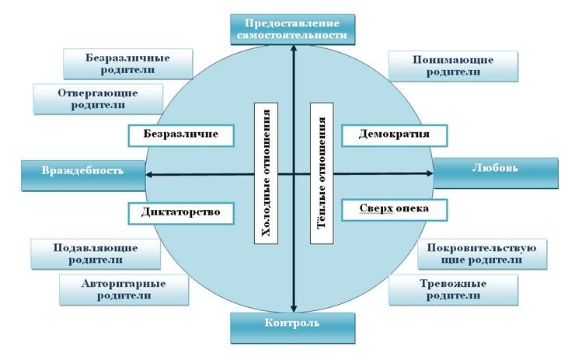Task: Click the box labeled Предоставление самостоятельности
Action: click(x=293, y=29)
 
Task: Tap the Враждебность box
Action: click(x=82, y=173)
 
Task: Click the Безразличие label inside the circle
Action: click(x=181, y=135)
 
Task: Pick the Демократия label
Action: click(x=396, y=135)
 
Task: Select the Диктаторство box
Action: click(x=181, y=212)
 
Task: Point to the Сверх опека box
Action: click(x=396, y=210)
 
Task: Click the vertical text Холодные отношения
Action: click(x=267, y=173)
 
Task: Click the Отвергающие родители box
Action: click(x=98, y=98)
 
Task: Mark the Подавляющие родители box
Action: click(x=95, y=253)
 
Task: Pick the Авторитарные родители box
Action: click(x=124, y=289)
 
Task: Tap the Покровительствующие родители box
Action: click(x=481, y=253)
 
